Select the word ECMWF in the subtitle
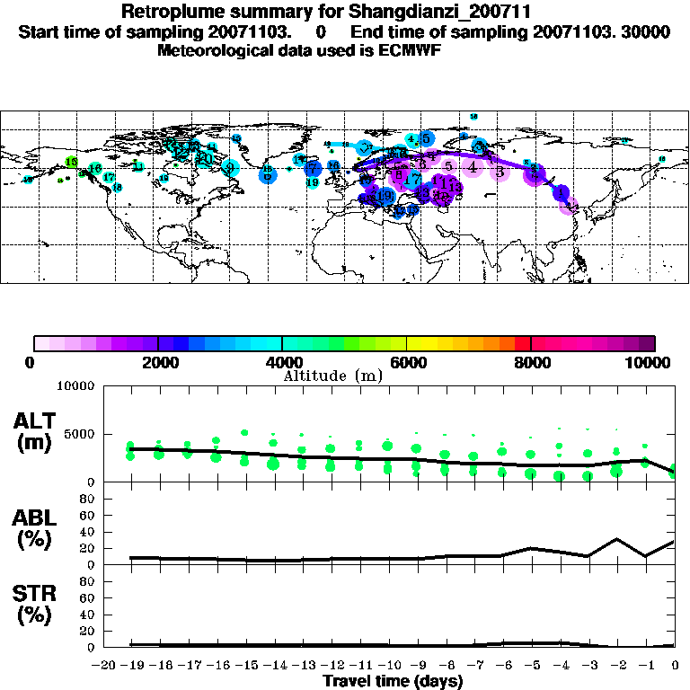[x=435, y=50]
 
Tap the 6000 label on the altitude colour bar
[x=407, y=363]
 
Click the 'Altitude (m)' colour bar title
[x=321, y=375]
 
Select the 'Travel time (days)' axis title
[x=393, y=681]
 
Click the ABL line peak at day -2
[x=617, y=539]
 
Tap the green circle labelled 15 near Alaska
[x=72, y=162]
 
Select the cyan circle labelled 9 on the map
[x=230, y=167]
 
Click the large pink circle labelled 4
[x=472, y=166]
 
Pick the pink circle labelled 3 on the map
[x=499, y=172]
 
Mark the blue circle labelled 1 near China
[x=562, y=191]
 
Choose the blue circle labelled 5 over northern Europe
[x=426, y=137]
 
